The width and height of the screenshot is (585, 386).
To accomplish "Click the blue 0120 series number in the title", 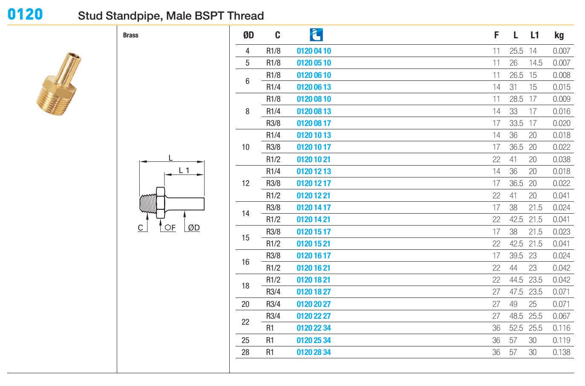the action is point(25,14).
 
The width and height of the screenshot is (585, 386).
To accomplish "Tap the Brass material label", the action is point(130,35).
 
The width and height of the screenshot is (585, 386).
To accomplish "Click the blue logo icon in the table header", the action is point(316,35).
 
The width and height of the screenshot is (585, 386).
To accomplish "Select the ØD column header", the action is point(248,35).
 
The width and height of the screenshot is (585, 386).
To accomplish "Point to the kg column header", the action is point(559,35).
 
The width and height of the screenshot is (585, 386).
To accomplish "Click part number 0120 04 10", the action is point(314,51).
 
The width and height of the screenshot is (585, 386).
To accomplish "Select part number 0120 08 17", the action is point(314,123).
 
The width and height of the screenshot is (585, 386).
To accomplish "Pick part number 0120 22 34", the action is point(314,328).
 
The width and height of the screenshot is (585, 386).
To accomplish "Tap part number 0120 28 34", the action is point(314,352).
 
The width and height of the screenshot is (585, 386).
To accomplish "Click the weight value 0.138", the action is point(562,352).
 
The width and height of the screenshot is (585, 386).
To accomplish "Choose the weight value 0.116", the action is point(562,328).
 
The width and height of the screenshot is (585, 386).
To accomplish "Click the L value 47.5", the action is point(516,292).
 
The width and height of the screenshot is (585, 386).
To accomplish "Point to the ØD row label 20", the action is point(245,304).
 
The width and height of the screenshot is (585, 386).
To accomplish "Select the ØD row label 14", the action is point(245,213).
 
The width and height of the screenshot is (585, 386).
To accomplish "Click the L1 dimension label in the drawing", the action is point(184,170).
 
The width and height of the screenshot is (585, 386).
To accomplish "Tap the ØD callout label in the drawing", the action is point(194,228).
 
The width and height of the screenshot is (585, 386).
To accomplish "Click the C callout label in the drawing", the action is point(141,228).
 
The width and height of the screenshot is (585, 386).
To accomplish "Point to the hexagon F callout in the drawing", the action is point(170,228).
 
